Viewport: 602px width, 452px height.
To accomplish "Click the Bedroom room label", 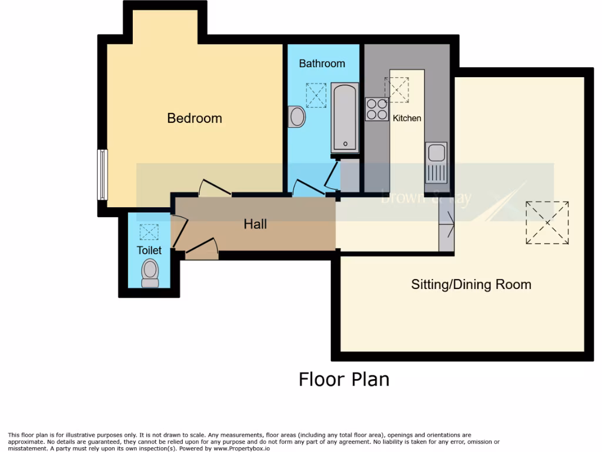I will click(195, 118).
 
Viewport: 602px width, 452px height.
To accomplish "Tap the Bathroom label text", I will click(322, 63).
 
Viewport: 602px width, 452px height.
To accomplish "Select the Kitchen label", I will click(407, 118).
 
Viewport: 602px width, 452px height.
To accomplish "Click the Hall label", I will click(255, 224).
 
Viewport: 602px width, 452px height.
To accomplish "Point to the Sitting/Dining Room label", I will click(471, 284).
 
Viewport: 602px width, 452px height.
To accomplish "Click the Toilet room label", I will click(149, 250).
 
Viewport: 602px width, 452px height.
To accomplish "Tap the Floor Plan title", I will click(344, 379).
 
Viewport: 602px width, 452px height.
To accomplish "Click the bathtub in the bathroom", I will click(345, 118).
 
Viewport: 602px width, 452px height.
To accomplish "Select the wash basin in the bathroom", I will click(297, 117).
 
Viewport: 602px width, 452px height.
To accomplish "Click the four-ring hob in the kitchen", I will click(376, 109).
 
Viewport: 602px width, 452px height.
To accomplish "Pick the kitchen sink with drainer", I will click(436, 162).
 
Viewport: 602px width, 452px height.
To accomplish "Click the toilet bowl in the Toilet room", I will click(150, 273).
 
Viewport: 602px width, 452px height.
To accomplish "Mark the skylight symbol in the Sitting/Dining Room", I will click(547, 222).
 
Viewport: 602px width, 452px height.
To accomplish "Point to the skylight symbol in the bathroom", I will click(316, 95).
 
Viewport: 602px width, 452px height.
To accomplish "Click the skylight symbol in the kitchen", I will click(396, 89).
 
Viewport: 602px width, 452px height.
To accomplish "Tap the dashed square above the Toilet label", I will click(149, 232).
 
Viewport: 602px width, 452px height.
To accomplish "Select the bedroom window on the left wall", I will click(102, 174).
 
